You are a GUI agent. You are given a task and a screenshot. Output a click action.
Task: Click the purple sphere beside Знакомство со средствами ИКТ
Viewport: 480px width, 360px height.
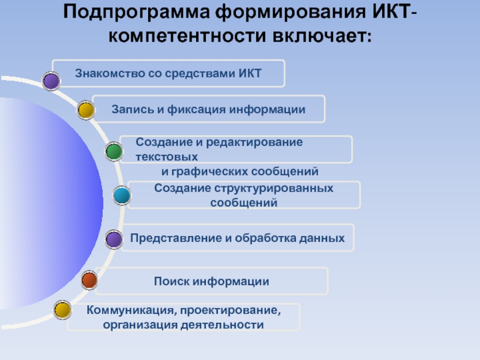tap(52, 81)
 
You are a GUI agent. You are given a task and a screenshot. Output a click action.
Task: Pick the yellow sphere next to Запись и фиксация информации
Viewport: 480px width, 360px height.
tap(86, 110)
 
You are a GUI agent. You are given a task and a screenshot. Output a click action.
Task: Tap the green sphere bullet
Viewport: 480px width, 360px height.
tap(114, 152)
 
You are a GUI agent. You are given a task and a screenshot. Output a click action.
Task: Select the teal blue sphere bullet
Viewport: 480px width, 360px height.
tap(122, 195)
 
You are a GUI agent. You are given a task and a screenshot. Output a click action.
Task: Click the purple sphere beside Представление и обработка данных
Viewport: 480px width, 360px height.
tap(113, 240)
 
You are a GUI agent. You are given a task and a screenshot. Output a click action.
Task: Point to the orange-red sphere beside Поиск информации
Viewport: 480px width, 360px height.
tap(89, 280)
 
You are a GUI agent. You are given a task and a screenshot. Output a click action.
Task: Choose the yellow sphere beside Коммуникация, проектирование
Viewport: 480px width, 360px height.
tap(62, 310)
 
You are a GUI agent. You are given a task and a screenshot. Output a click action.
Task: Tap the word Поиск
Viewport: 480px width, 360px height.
tap(170, 281)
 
